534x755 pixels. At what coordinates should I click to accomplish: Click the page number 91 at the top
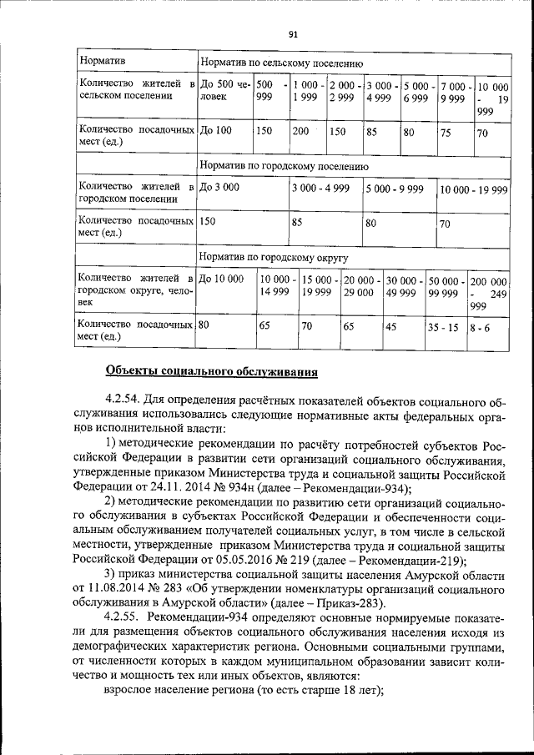pos(293,34)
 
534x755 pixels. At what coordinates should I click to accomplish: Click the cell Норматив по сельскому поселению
pos(281,63)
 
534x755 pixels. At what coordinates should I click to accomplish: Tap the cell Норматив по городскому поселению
pos(284,165)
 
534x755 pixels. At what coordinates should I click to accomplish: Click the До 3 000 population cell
pos(219,189)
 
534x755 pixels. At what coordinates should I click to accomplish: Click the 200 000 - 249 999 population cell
pos(489,293)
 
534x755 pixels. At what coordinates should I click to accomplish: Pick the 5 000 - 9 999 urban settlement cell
pos(394,189)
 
